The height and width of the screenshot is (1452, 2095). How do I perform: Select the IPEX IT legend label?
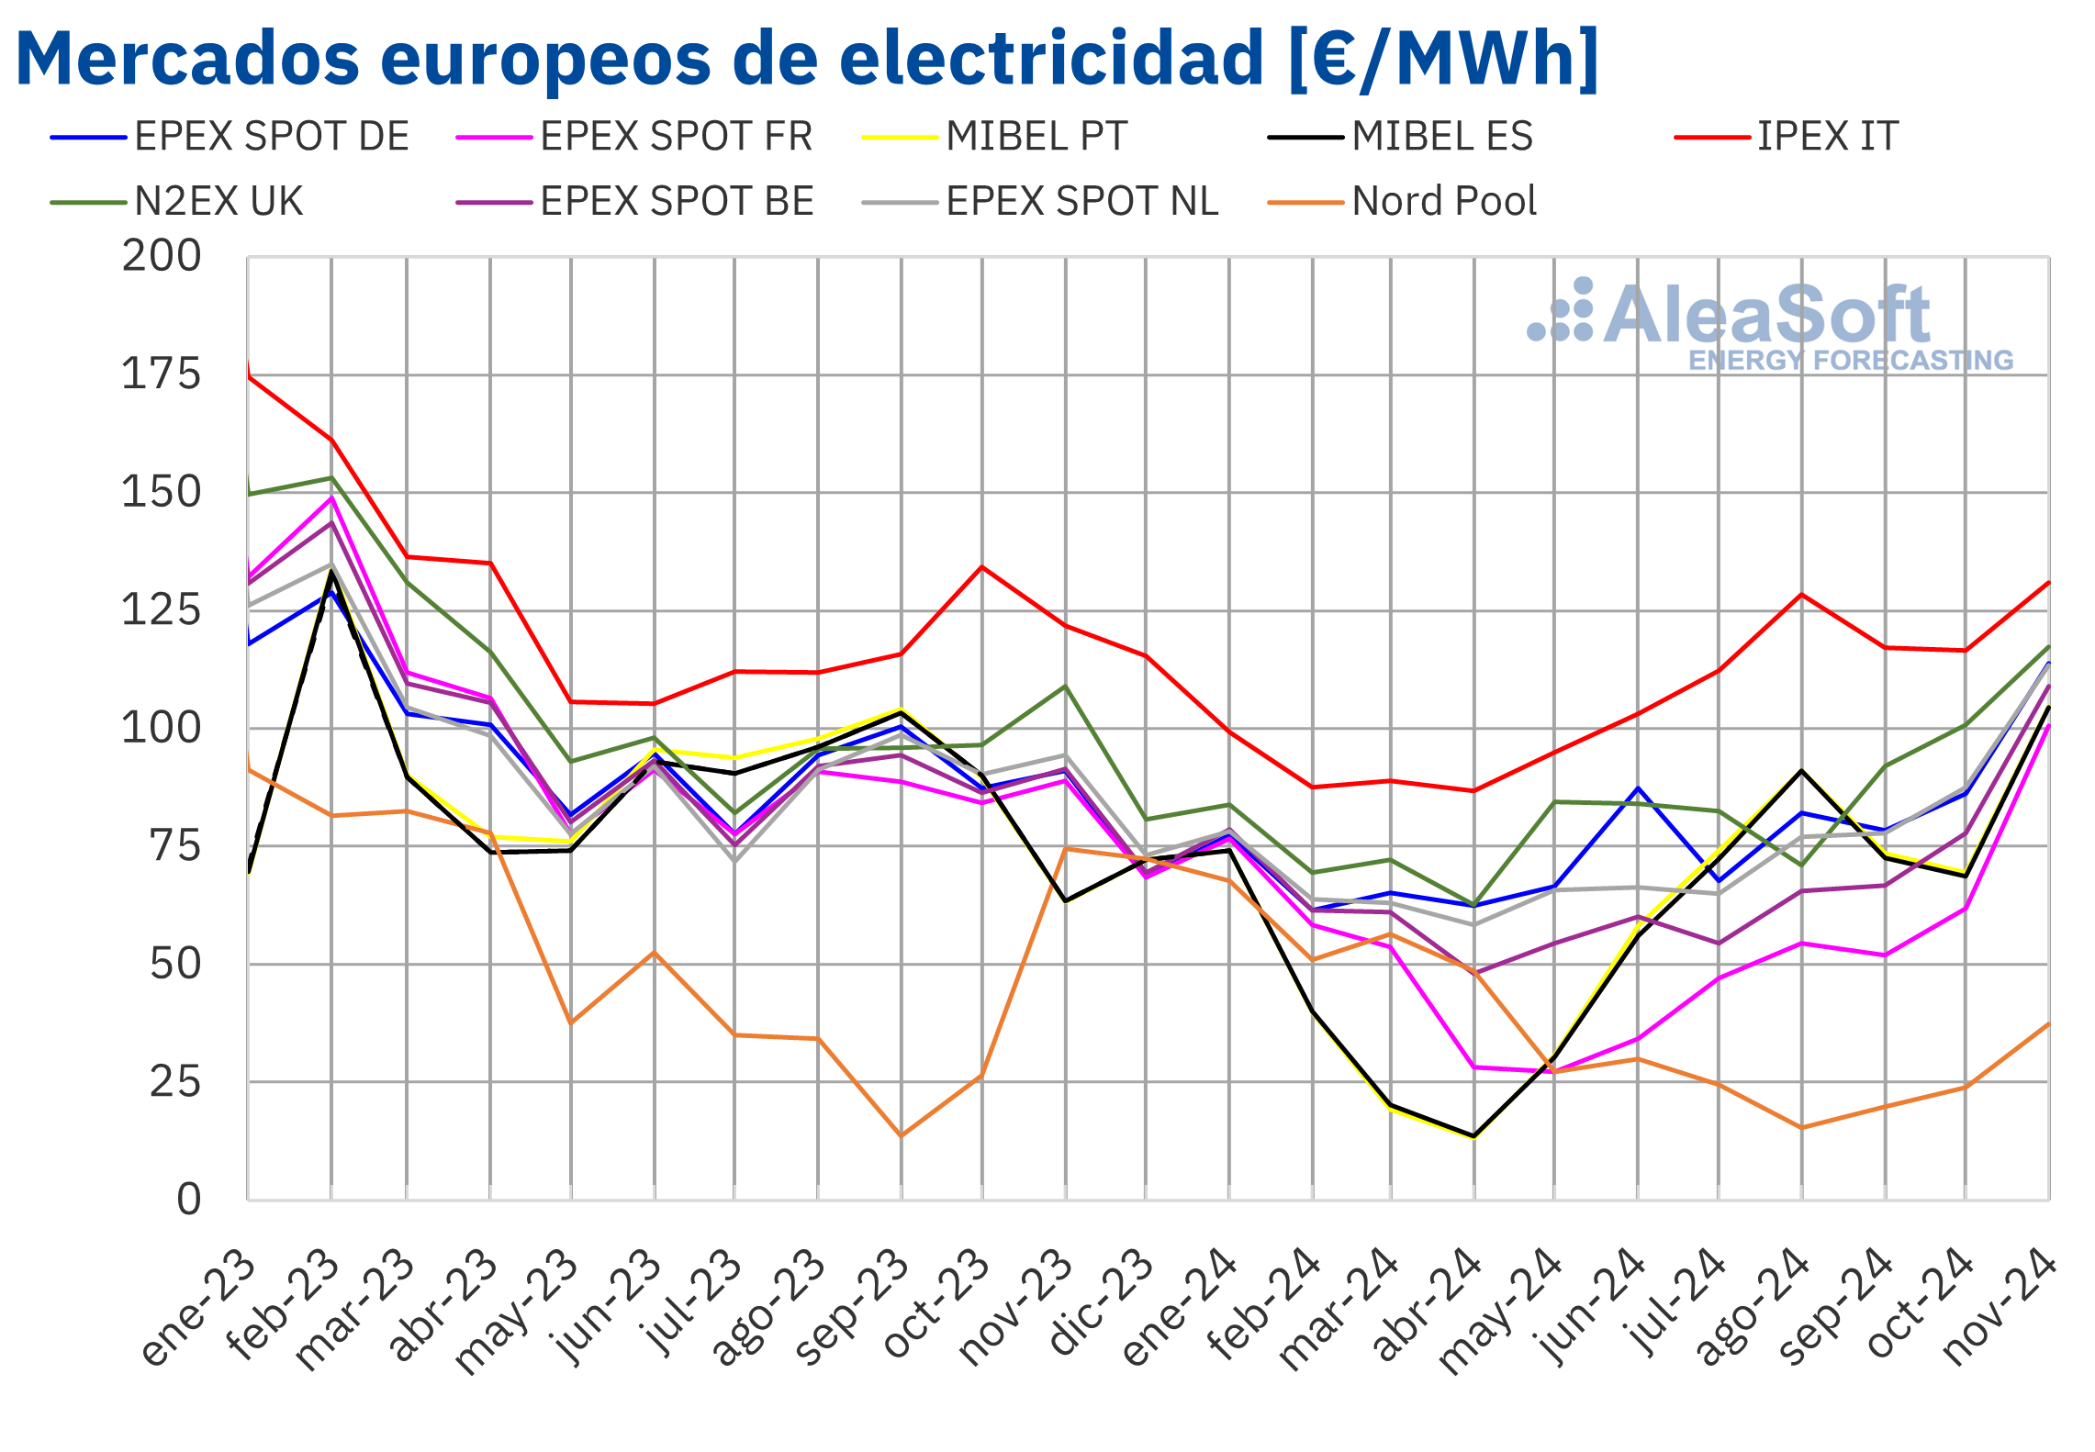tap(1826, 137)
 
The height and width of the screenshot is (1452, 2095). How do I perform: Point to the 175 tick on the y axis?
tap(161, 374)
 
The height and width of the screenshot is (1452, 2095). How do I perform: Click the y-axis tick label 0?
tap(188, 1200)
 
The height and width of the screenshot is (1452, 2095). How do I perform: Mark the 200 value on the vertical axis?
tap(161, 256)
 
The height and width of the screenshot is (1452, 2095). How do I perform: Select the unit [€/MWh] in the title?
tap(1442, 59)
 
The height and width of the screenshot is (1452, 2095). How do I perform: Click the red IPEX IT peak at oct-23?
tap(982, 567)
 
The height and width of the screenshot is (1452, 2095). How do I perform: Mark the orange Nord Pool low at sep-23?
tap(901, 1136)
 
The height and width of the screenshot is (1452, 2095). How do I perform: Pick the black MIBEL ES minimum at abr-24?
tap(1473, 1136)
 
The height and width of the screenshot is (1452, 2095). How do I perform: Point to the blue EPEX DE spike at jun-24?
tap(1638, 788)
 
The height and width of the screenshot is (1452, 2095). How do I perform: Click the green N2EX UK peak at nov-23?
tap(1065, 686)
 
